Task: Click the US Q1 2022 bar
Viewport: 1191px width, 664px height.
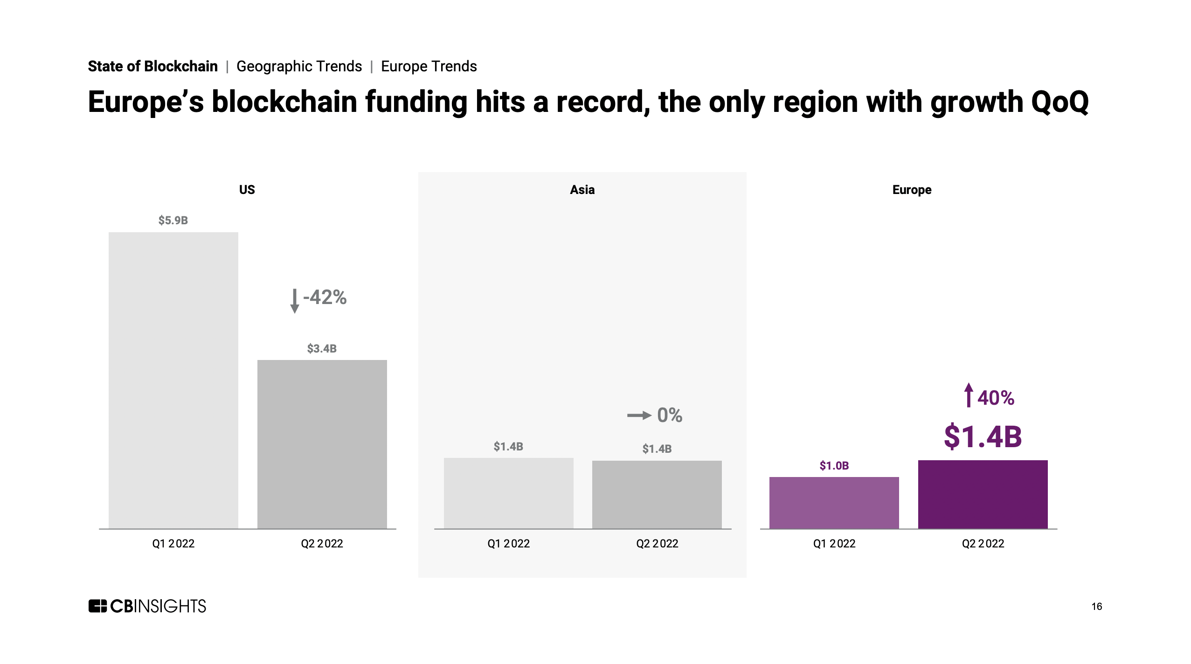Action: (x=173, y=380)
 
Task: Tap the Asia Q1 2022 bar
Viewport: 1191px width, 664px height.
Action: (x=508, y=493)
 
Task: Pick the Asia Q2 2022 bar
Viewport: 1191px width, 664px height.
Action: (x=657, y=494)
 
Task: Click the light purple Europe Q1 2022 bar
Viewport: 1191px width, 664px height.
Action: (x=834, y=502)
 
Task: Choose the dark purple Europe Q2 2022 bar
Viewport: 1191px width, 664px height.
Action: (x=983, y=494)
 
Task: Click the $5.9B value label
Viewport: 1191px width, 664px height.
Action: (x=173, y=220)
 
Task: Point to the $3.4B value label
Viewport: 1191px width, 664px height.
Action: (x=322, y=348)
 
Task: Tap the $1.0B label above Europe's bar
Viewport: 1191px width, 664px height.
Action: (x=834, y=465)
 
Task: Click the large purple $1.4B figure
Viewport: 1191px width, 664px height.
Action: (x=983, y=436)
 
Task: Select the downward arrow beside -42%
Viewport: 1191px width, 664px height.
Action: (x=294, y=301)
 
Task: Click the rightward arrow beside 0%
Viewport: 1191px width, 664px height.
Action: (x=639, y=415)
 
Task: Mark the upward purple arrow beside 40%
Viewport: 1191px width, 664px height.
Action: (x=969, y=395)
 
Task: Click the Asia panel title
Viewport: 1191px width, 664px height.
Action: (x=582, y=190)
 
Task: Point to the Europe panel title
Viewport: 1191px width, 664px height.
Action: (x=912, y=190)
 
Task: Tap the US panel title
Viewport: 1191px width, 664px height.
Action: (x=247, y=190)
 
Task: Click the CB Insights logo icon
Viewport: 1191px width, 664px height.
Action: (x=97, y=606)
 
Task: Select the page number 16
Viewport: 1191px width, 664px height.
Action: (x=1096, y=606)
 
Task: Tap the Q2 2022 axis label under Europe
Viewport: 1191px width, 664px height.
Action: (x=983, y=543)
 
